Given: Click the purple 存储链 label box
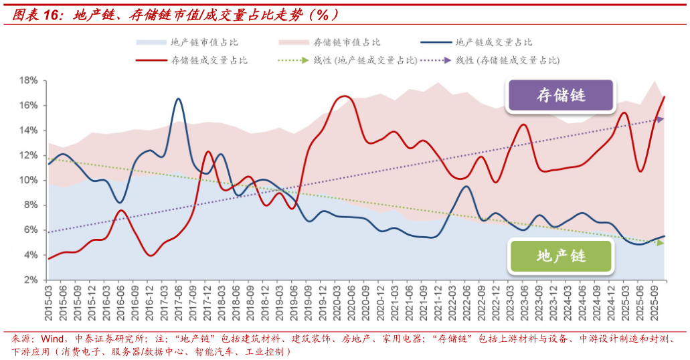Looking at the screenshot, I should (561, 96).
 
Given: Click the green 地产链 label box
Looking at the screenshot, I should (561, 256).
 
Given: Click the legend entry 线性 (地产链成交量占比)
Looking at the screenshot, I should (365, 60).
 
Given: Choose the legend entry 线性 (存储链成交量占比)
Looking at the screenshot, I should (508, 60).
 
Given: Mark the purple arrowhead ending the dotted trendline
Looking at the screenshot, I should (660, 120).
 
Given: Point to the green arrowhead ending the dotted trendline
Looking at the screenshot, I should (660, 243).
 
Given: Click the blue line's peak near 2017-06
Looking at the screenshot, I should (178, 99).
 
